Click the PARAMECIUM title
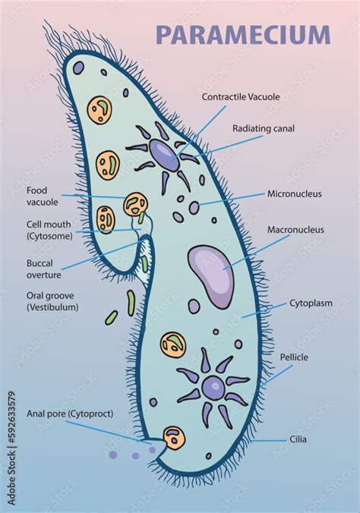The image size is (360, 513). [243, 35]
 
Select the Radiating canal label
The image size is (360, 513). [264, 129]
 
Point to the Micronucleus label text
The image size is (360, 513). [294, 194]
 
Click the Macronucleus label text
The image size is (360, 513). [295, 229]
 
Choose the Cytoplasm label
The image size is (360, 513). [311, 303]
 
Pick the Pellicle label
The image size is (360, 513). [294, 356]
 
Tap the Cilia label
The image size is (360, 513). [298, 439]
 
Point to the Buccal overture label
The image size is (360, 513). [43, 269]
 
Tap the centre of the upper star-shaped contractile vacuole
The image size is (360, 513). [163, 153]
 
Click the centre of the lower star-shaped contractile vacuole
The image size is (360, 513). [214, 389]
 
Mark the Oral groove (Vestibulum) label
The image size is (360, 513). [52, 301]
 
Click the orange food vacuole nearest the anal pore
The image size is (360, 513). [174, 437]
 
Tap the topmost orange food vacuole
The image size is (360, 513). [99, 109]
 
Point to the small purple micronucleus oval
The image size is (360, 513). [194, 207]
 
